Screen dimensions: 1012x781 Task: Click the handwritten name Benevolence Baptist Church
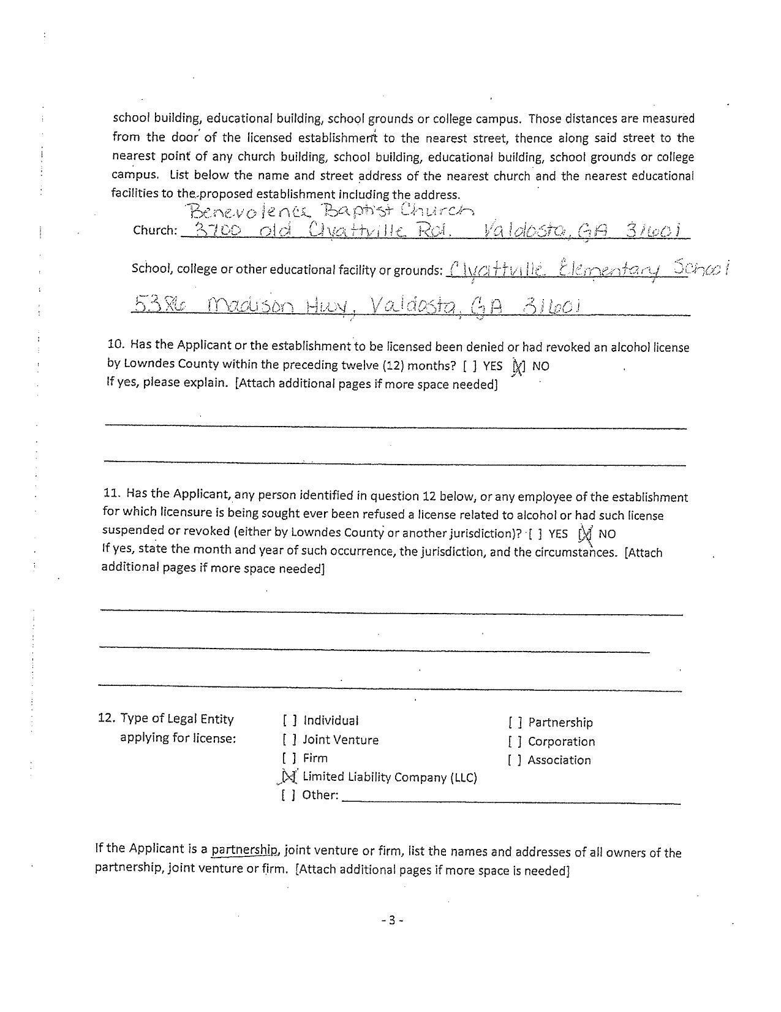tap(331, 211)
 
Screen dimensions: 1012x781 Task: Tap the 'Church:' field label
tap(155, 230)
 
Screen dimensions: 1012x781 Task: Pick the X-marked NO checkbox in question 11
tap(585, 534)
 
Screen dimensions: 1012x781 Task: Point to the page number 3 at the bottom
tap(392, 920)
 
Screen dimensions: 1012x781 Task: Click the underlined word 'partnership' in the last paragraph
tap(244, 850)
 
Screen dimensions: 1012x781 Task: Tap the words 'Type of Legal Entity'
tap(177, 719)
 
